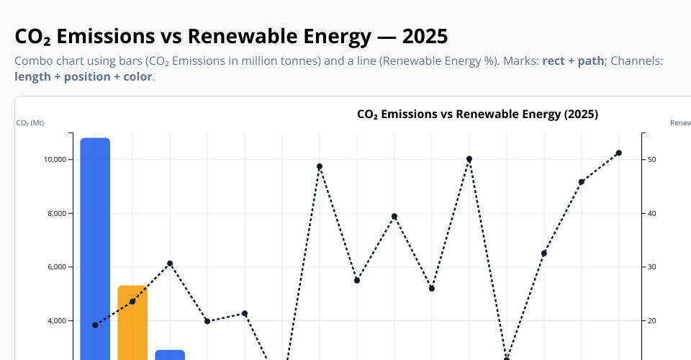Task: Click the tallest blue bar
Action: (x=95, y=245)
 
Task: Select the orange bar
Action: (x=132, y=324)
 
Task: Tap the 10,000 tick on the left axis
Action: (x=57, y=159)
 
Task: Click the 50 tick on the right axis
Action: (x=651, y=159)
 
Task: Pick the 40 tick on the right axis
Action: (x=651, y=213)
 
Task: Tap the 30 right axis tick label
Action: (x=651, y=267)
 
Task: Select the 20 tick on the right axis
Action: (x=651, y=320)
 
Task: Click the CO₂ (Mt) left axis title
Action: (x=30, y=123)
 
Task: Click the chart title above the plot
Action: (x=477, y=114)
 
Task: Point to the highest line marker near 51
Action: (x=618, y=153)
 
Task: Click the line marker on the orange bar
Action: (x=132, y=301)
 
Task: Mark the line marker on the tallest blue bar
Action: (x=95, y=325)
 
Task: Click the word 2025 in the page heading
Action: (x=425, y=36)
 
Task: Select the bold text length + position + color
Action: (x=83, y=76)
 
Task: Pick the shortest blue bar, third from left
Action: (x=170, y=355)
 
